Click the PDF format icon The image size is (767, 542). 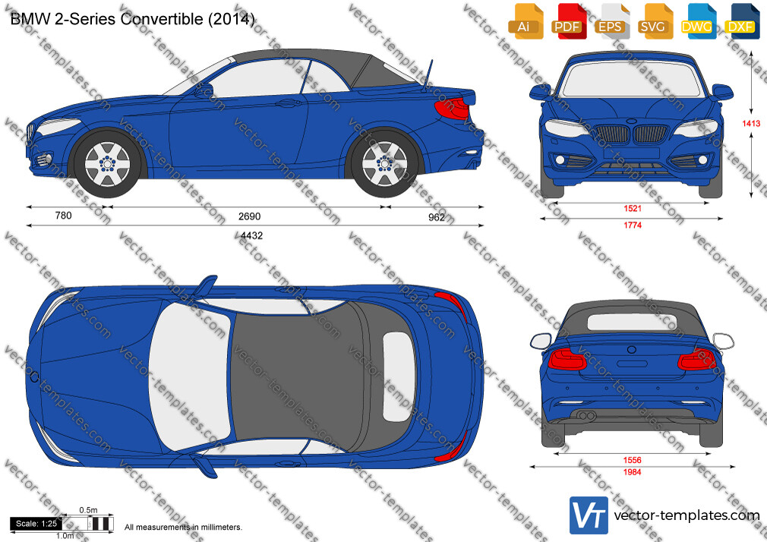coord(567,21)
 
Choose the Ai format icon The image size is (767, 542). coord(525,21)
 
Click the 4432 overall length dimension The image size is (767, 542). coord(251,235)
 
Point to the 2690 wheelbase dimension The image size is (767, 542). coord(249,216)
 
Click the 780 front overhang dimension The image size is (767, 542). coord(63,216)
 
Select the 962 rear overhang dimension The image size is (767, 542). coord(437,216)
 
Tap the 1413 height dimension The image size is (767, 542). coord(751,123)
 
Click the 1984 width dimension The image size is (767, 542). coord(632,472)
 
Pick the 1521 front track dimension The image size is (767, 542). coord(632,209)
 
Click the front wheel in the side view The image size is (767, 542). coord(107,164)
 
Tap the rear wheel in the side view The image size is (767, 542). coord(384,164)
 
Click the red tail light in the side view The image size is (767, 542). coord(451,109)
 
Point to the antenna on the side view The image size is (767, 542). coord(428,76)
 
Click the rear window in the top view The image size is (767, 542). coord(398,377)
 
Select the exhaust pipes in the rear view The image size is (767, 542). coord(587,416)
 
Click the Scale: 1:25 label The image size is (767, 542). coord(36,524)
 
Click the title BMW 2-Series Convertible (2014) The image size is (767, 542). coord(132,19)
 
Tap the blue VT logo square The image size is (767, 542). coord(589,515)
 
